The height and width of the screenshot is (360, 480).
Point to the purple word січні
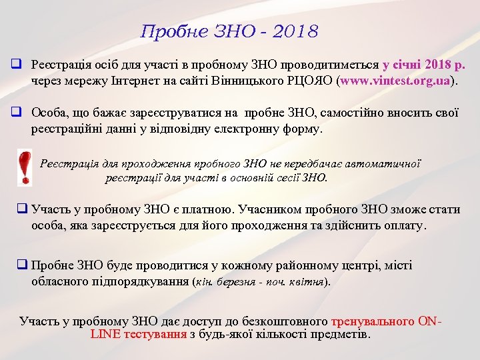point(405,65)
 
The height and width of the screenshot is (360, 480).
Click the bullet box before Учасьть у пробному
point(22,209)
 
